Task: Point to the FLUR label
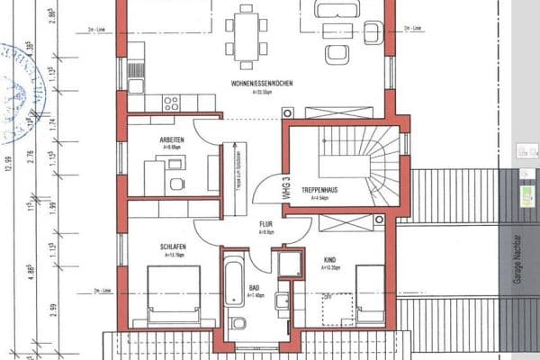point(265,226)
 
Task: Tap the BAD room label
point(254,289)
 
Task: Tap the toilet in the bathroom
point(238,323)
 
